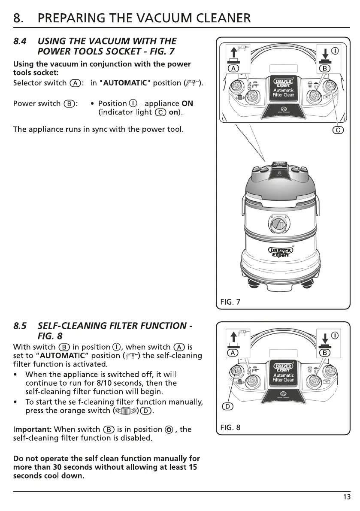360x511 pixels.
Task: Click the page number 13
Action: (347, 497)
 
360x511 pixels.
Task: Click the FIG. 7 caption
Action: (230, 302)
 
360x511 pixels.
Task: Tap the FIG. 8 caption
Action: (230, 428)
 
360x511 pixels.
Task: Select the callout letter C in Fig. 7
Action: (338, 130)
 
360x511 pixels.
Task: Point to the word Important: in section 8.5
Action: (33, 429)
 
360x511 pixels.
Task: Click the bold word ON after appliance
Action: (187, 104)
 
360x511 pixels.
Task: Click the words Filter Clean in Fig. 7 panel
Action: (283, 95)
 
